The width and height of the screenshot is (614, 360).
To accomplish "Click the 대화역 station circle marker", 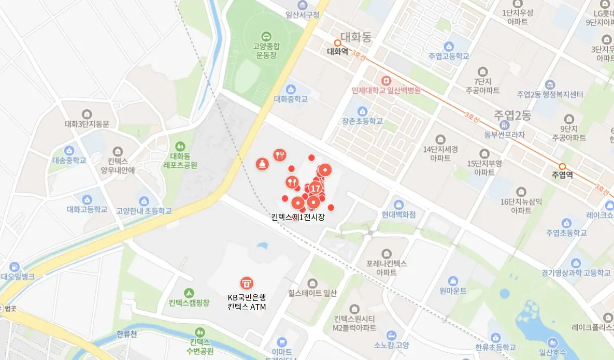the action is (337, 43).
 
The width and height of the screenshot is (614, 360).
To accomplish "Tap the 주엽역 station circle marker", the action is (562, 166).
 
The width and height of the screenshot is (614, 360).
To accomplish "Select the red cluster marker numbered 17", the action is (315, 189).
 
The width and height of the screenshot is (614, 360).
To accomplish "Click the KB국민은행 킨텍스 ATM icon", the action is (246, 283).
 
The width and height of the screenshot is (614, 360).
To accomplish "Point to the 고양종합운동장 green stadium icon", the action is (266, 36).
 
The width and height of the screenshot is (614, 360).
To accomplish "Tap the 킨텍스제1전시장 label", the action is (298, 217).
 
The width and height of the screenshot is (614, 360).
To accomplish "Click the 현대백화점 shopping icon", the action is (398, 205).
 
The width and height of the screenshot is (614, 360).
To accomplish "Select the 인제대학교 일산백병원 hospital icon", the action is (386, 81).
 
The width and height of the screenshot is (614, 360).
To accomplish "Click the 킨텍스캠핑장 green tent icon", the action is (189, 293).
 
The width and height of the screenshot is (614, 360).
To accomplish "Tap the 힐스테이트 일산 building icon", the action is (312, 283).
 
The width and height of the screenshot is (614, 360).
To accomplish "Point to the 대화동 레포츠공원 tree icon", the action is (180, 147).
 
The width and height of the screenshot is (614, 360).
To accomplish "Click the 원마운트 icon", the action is (453, 281).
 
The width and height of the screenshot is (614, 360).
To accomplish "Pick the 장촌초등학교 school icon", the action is (362, 111).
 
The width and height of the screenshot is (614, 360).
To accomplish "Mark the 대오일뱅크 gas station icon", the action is (14, 267).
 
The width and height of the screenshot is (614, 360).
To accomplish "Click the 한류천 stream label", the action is (127, 334).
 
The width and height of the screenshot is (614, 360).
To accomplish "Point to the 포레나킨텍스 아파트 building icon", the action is (387, 254).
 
